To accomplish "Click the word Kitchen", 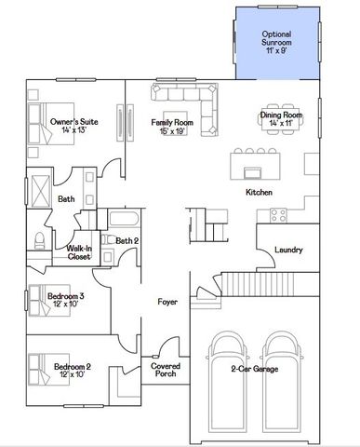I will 259,192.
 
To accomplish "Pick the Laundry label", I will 288,249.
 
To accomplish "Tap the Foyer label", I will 167,301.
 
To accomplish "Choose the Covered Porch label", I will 166,371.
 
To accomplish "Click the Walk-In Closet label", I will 79,251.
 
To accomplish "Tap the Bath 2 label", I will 127,240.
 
